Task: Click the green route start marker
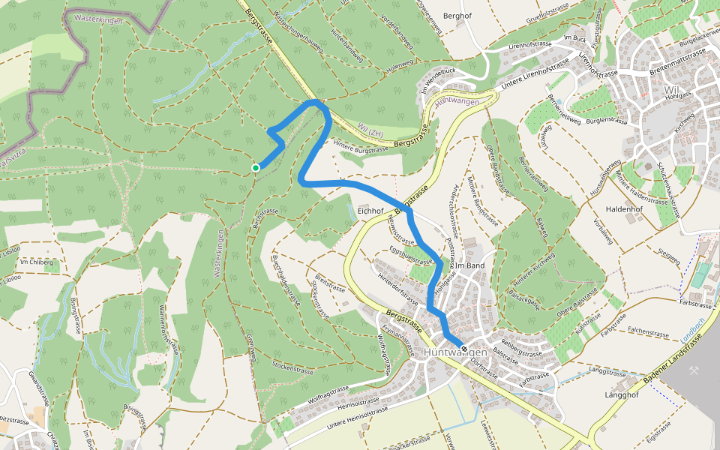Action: tap(256, 167)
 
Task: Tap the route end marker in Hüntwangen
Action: tap(464, 349)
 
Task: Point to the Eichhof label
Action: tap(370, 212)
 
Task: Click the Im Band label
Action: tap(470, 265)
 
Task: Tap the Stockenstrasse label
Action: tap(292, 368)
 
